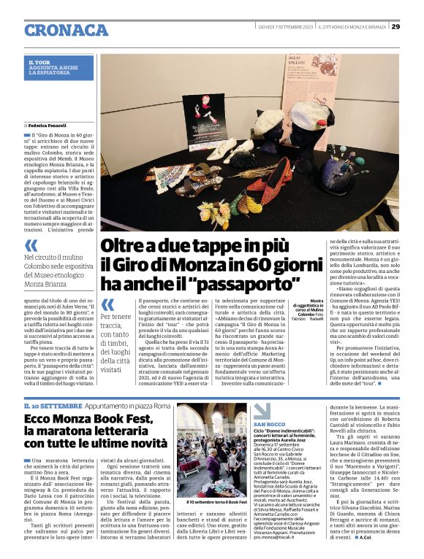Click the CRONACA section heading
coord(67,30)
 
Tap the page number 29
coord(395,27)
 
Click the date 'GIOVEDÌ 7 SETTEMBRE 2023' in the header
coord(285,27)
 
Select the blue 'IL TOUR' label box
coord(61,68)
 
